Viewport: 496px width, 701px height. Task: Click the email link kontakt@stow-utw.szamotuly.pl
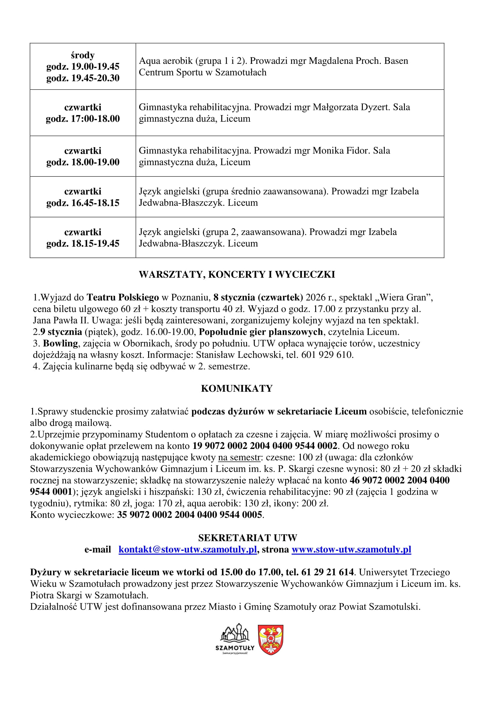click(x=187, y=549)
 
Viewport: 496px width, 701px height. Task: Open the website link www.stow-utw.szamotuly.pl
click(x=351, y=549)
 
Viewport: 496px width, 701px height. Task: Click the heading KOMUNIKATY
click(x=237, y=388)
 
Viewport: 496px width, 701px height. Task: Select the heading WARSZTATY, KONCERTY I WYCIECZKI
click(x=237, y=275)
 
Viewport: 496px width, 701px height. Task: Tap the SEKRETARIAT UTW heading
click(x=248, y=538)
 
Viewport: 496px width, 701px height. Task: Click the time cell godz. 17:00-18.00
click(x=83, y=119)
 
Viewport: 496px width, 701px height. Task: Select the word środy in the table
click(x=83, y=55)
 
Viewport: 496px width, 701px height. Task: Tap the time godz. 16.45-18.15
click(x=83, y=203)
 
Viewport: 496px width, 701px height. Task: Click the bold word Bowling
click(x=61, y=343)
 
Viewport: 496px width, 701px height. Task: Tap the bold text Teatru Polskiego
click(x=123, y=297)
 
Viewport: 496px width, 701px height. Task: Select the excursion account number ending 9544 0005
click(x=189, y=515)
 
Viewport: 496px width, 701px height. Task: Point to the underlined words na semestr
click(x=239, y=457)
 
